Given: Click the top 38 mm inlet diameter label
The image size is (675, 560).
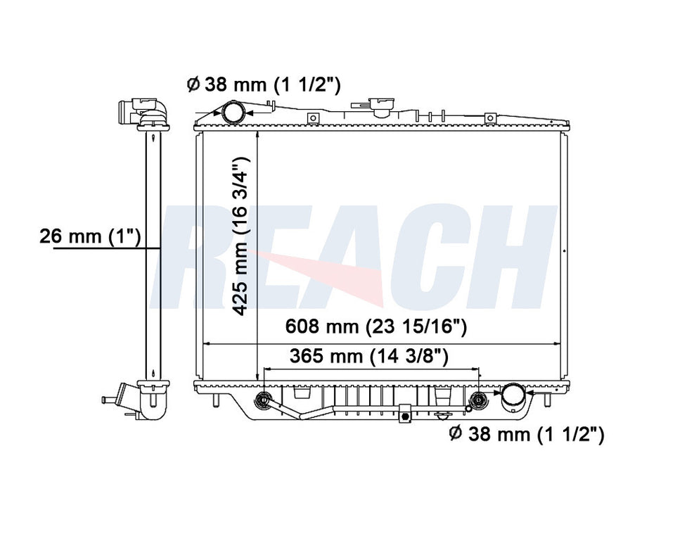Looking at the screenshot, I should (x=264, y=85).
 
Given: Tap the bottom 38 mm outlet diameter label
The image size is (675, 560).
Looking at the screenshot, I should (x=526, y=435).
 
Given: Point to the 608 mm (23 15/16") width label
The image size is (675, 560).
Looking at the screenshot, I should (x=377, y=327).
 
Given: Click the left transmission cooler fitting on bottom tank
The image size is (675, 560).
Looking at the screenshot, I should (x=264, y=401).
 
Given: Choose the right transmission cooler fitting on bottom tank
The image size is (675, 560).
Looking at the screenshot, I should (x=478, y=401).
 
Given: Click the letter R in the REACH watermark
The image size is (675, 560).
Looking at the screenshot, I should (x=204, y=257).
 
